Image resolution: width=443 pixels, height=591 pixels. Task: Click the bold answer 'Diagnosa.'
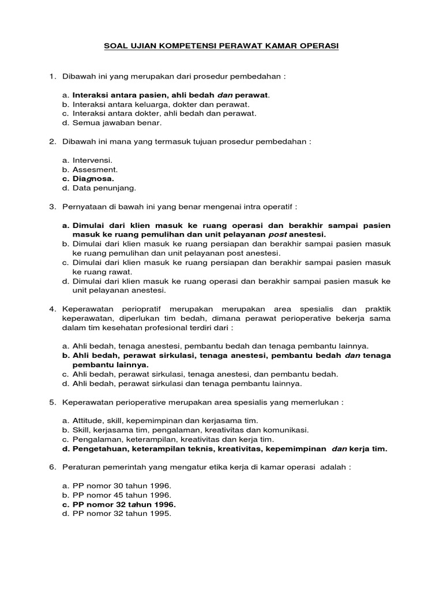click(x=93, y=178)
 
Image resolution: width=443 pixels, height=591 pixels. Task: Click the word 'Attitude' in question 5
click(x=88, y=421)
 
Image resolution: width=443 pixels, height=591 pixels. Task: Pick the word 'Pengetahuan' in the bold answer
click(x=100, y=448)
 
